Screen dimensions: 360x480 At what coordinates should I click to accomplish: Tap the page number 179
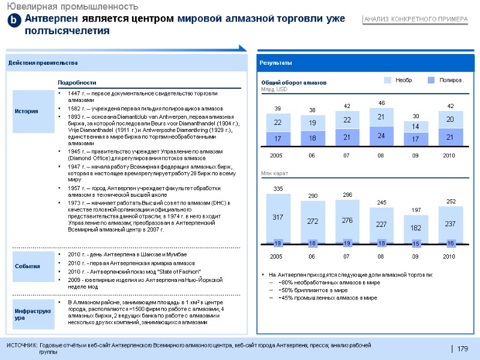(x=463, y=349)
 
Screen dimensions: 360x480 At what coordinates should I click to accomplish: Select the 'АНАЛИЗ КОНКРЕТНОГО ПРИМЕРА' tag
(x=415, y=20)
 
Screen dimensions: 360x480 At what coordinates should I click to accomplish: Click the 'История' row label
(x=26, y=111)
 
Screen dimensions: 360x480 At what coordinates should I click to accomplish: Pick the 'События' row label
(x=28, y=266)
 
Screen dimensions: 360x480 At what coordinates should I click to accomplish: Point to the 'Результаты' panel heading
(x=275, y=63)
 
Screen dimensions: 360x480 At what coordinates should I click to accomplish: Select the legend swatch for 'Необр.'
(x=388, y=80)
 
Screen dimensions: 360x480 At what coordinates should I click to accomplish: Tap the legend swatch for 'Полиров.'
(x=431, y=80)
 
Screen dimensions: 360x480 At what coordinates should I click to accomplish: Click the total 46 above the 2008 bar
(x=381, y=103)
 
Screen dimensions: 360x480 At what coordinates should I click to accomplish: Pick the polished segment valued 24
(x=381, y=136)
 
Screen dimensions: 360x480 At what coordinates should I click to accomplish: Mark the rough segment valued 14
(x=415, y=126)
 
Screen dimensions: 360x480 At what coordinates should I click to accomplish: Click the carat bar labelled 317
(x=278, y=217)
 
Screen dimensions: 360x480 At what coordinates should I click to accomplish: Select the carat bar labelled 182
(x=415, y=228)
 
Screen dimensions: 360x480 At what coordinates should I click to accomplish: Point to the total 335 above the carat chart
(x=278, y=189)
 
